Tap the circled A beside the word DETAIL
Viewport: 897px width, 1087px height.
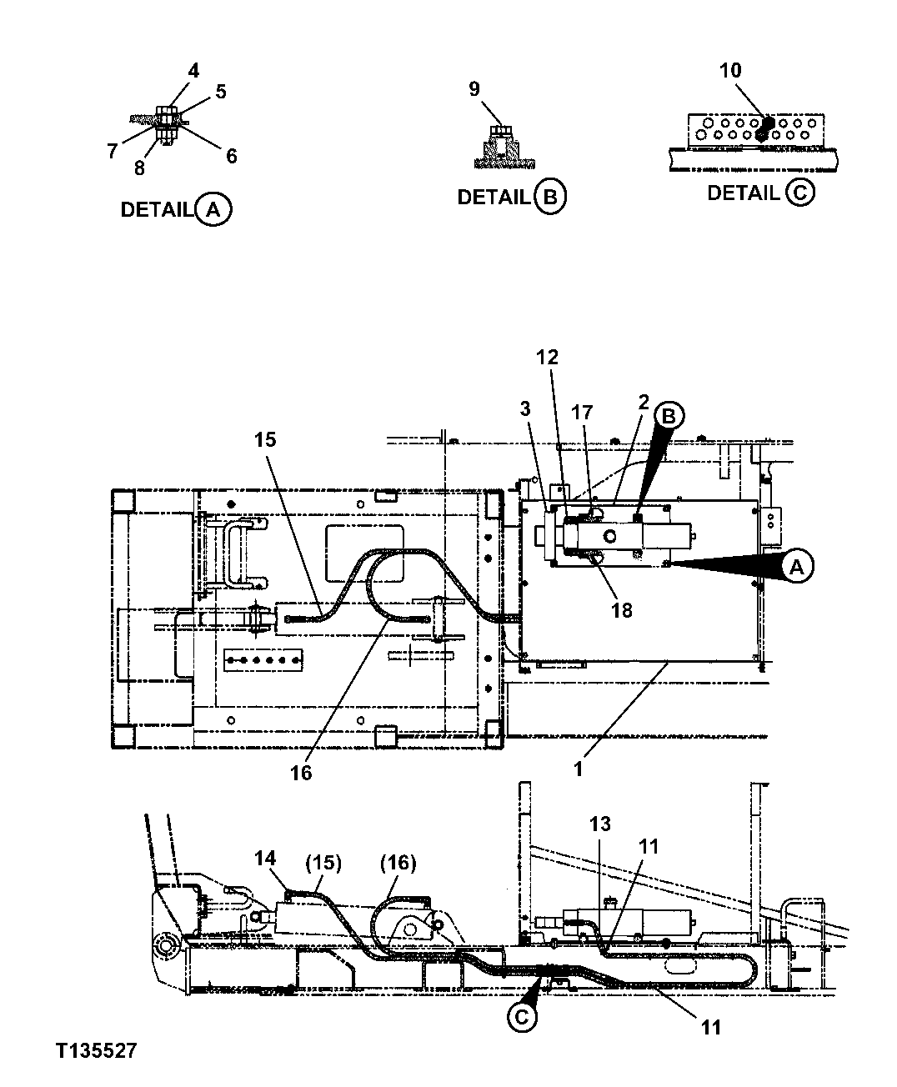213,209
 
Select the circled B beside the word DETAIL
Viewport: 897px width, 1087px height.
550,197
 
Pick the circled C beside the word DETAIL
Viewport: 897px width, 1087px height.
799,193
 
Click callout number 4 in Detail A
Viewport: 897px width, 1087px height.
193,71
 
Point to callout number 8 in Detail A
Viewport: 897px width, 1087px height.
139,168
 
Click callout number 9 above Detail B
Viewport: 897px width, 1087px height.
474,88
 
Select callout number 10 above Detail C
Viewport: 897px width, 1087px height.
730,71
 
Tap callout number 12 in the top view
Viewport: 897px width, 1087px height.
547,358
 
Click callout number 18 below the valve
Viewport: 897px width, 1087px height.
621,610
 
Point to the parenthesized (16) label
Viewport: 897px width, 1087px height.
398,863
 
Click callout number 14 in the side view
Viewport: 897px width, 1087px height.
265,857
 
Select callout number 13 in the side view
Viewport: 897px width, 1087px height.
600,824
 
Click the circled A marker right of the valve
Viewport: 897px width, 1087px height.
797,568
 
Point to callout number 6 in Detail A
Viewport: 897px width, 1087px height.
231,156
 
